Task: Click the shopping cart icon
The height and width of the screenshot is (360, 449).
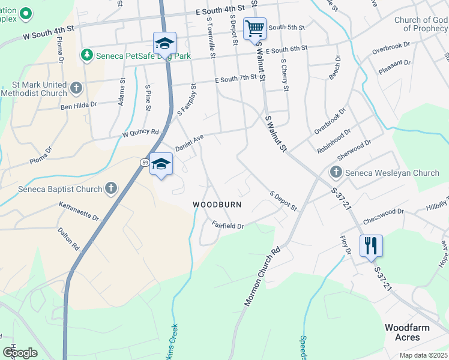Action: (x=255, y=28)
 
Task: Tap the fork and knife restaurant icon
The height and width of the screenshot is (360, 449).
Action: (x=371, y=245)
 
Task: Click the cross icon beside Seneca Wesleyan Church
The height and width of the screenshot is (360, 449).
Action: (x=336, y=173)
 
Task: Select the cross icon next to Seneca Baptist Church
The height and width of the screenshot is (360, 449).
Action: (x=110, y=189)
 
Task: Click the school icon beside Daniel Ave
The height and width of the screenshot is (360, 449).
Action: (x=161, y=164)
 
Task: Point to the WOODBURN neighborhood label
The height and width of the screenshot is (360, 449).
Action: (x=217, y=205)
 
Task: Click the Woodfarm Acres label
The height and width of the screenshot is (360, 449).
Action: (x=406, y=332)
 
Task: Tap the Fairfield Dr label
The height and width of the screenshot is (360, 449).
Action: (x=228, y=226)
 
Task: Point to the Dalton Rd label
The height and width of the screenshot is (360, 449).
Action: (x=68, y=238)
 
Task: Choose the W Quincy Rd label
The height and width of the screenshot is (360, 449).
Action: (x=140, y=133)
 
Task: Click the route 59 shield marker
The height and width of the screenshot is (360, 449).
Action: (x=145, y=163)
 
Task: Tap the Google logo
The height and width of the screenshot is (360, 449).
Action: (x=20, y=353)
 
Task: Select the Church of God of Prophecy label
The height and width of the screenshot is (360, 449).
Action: (x=421, y=24)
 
